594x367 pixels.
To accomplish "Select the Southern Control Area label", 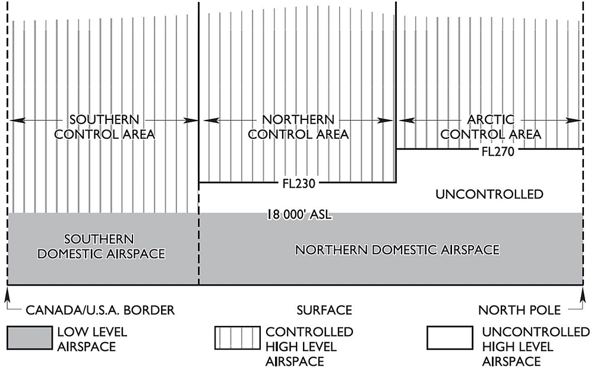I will [x=105, y=127].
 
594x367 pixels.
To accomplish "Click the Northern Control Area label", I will [x=298, y=127].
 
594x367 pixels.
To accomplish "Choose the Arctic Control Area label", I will [x=491, y=127].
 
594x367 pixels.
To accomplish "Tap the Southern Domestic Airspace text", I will [x=101, y=246].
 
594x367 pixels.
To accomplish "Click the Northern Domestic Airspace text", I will [x=397, y=250].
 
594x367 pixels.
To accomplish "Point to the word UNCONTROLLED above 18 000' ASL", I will [x=489, y=194].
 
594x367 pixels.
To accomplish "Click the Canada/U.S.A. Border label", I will [x=100, y=310].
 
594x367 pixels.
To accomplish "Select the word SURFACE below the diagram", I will [x=324, y=310].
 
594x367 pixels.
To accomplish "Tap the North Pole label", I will [x=518, y=310].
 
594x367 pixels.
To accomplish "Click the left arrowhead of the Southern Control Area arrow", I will [x=13, y=121].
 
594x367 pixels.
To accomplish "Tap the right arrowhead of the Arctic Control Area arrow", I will [x=578, y=121].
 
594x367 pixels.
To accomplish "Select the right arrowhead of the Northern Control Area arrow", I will [x=390, y=121].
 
